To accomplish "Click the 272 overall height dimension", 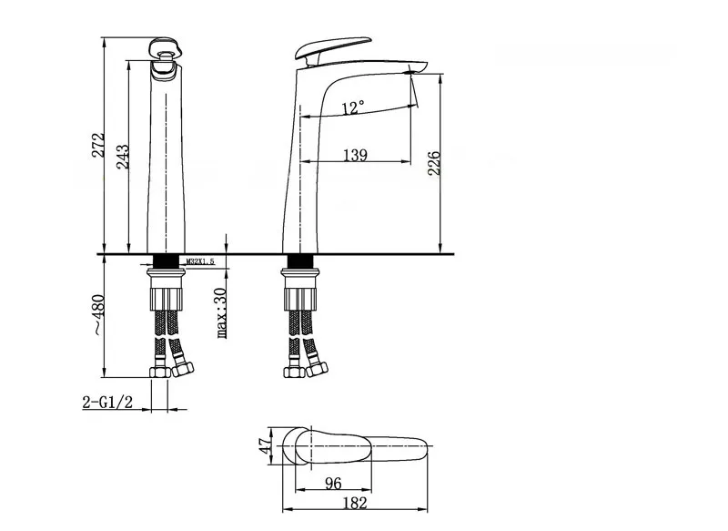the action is (x=98, y=145).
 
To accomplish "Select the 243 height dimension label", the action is (x=123, y=157).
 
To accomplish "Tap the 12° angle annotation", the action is (x=353, y=107).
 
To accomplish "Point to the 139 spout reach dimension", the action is (x=355, y=155).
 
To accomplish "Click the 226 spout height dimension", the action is (x=434, y=163).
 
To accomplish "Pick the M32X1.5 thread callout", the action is (x=200, y=261).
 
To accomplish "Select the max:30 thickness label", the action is (x=221, y=313).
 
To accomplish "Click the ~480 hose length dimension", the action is (x=98, y=314).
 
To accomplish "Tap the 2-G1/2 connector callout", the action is (x=107, y=402).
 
